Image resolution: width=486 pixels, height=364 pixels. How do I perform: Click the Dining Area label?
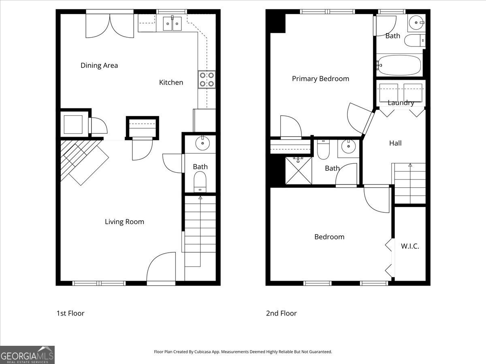point(99,66)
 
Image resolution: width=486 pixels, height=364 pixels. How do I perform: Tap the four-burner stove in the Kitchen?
point(207,80)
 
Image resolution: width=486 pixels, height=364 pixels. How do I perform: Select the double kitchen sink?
point(173,23)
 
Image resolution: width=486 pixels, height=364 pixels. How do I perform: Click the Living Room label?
point(124,222)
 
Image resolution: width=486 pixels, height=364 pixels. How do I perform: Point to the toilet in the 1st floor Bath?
point(200,181)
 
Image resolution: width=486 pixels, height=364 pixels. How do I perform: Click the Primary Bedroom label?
point(320,79)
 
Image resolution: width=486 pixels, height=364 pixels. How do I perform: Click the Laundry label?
point(401,103)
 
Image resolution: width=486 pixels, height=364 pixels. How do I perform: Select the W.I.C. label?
point(410,246)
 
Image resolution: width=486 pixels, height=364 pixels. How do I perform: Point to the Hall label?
point(395,143)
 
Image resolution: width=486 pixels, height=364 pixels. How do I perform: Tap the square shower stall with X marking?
point(298,170)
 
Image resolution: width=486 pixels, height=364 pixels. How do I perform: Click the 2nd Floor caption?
point(281,313)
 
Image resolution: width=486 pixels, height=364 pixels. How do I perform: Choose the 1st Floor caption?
point(70,313)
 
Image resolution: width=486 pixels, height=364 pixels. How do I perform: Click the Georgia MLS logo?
point(27,355)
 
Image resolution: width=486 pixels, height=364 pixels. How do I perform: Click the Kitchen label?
point(171,83)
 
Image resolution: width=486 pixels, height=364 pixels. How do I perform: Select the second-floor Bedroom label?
point(329,237)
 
